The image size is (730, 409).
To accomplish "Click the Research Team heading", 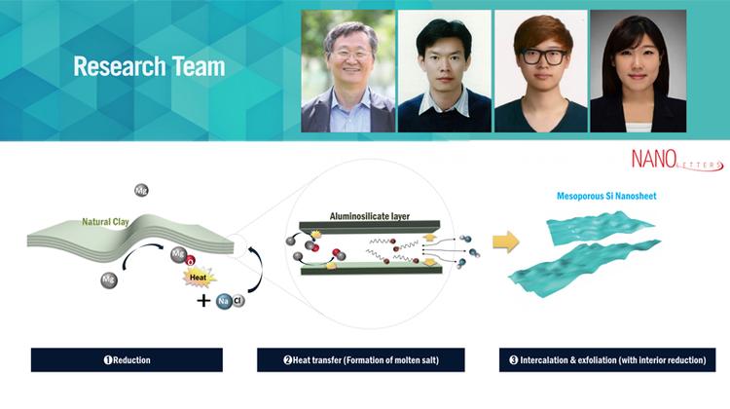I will (x=149, y=67).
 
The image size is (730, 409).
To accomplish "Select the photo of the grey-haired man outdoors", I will (x=347, y=71).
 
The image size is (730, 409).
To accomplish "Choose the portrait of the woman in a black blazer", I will (x=638, y=71).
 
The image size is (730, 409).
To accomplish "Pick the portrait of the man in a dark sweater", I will (x=444, y=71).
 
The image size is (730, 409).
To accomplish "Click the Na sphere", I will (x=223, y=302).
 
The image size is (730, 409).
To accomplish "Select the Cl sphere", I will (x=238, y=301).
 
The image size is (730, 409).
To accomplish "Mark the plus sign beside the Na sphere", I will (x=202, y=301).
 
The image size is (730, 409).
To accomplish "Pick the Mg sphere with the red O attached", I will (x=179, y=255).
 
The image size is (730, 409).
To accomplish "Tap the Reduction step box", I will (x=127, y=359).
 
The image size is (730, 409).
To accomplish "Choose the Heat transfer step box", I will (x=360, y=359).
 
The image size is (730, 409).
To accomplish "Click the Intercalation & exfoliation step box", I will (x=605, y=359).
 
